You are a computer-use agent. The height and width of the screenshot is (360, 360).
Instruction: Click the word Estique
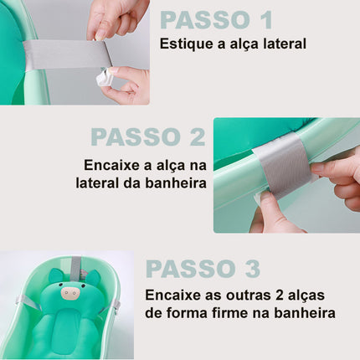pyautogui.click(x=186, y=43)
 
